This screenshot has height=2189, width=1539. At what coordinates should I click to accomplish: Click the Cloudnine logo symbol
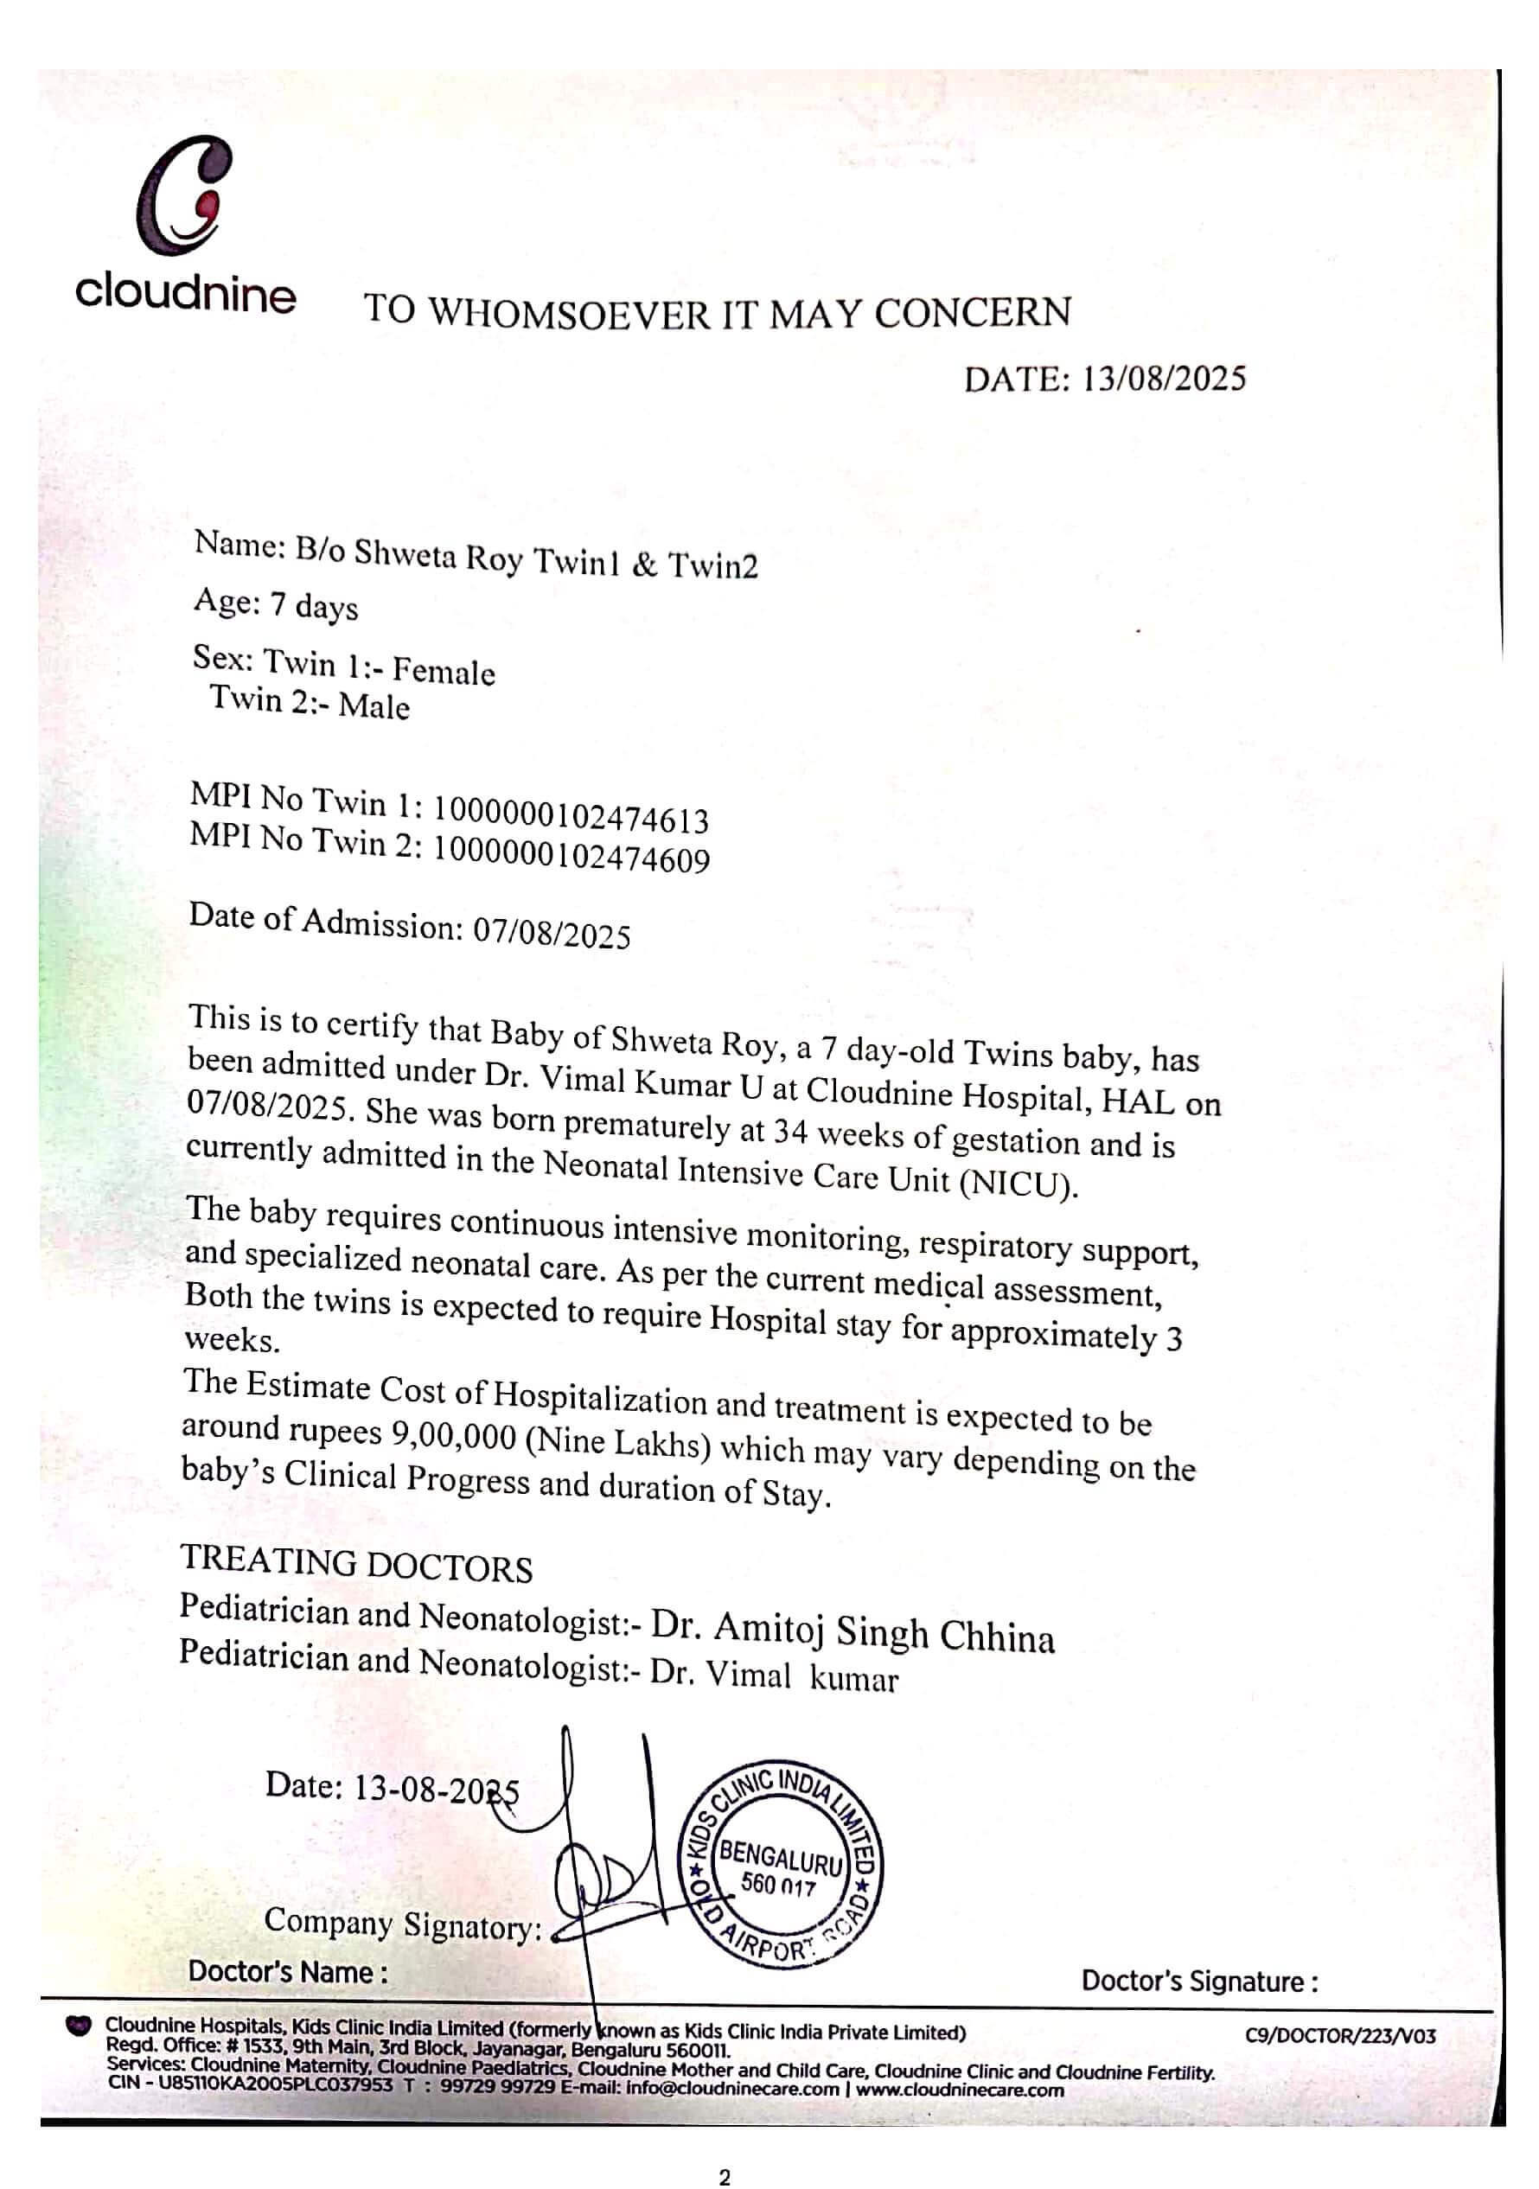point(185,195)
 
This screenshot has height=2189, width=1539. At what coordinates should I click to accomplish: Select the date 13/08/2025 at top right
point(1163,380)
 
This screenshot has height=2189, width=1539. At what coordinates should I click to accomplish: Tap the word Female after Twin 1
point(444,671)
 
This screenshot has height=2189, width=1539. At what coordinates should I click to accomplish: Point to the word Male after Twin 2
point(374,706)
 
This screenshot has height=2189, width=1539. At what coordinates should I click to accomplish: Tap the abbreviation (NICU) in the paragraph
point(1019,1184)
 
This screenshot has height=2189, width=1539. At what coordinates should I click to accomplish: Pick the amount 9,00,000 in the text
point(454,1435)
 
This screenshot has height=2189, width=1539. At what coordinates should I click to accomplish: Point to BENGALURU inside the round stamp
point(781,1856)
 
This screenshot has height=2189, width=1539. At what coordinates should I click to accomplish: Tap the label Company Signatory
point(401,1924)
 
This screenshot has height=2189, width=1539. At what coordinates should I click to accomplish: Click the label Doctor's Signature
point(1199,1982)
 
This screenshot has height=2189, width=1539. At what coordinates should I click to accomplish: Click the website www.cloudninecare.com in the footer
point(959,2090)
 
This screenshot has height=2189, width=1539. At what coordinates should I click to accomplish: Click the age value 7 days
point(314,605)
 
